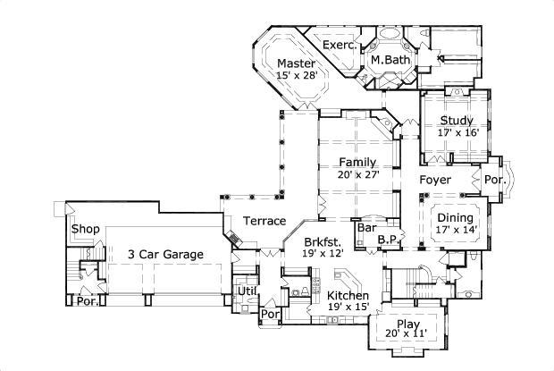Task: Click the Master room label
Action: point(295,63)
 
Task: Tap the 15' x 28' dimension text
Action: point(295,76)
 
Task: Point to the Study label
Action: point(457,120)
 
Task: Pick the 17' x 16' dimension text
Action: point(457,132)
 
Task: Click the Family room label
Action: point(357,162)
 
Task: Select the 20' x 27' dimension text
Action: point(357,174)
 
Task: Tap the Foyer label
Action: point(437,181)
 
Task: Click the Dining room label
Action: point(456,217)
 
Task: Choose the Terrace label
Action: point(264,221)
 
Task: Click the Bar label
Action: point(365,228)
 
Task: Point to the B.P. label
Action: point(387,239)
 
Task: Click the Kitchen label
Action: point(348,295)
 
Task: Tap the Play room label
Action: point(407,324)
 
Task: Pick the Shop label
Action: point(85,229)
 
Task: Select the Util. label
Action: point(248,291)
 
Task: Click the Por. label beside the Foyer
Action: point(496,180)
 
